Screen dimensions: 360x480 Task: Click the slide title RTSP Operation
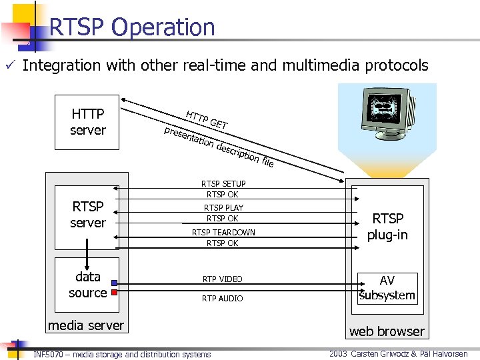[132, 27]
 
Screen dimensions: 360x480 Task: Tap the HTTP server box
[87, 122]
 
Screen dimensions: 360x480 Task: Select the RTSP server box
[87, 215]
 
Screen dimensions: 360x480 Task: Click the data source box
[87, 285]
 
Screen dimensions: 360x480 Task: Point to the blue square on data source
[114, 283]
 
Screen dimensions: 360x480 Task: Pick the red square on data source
[114, 292]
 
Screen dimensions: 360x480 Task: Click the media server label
[85, 325]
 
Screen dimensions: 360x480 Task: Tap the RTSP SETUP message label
[223, 183]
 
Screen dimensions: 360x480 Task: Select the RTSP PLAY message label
[223, 207]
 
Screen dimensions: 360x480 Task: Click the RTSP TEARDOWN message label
[223, 232]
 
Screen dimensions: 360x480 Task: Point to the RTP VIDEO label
[223, 279]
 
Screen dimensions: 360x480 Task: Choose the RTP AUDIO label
[223, 298]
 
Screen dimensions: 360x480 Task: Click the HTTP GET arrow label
[207, 119]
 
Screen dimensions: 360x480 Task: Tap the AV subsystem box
[387, 288]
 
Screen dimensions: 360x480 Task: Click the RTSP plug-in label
[387, 227]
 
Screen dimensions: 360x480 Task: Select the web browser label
[387, 331]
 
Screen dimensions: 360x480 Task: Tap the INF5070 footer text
[122, 354]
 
